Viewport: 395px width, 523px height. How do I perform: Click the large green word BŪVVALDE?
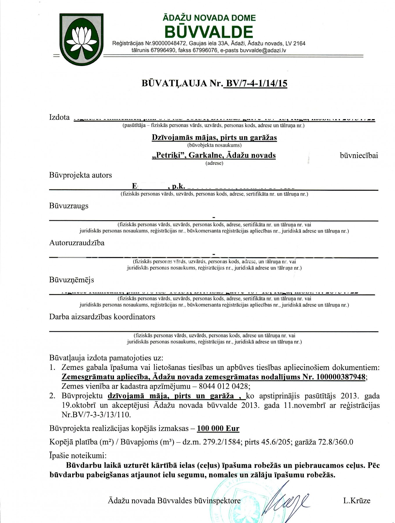209,32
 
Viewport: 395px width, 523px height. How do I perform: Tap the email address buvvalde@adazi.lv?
263,50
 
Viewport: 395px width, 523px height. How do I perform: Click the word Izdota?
60,117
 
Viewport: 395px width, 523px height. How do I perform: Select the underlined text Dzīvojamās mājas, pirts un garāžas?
214,137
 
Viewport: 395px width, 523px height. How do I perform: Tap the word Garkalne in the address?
205,155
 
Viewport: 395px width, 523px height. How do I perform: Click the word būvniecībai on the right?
359,155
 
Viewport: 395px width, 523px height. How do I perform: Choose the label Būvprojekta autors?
81,175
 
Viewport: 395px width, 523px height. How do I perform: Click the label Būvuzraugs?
69,206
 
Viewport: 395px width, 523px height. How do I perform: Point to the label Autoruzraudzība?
77,243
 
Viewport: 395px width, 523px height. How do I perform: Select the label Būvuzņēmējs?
72,280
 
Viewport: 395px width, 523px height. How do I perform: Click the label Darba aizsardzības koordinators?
102,317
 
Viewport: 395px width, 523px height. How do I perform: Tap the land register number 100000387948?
341,377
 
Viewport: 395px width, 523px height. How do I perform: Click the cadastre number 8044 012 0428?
224,386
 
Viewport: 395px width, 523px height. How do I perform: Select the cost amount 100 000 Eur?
218,429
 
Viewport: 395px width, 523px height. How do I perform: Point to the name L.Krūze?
357,501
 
